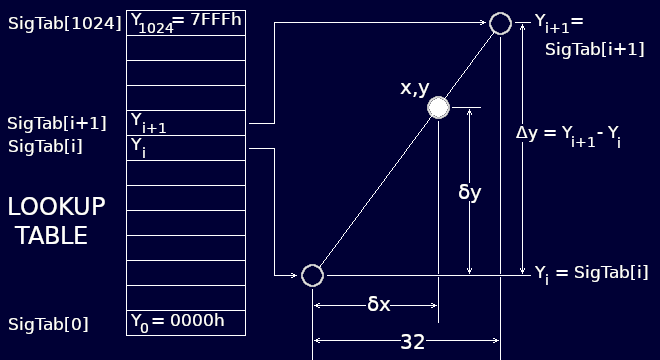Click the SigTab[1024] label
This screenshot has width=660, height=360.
point(65,23)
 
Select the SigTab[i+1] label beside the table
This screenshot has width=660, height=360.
point(57,123)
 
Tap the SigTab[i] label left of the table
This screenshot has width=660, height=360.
point(45,147)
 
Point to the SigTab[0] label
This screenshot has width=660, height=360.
point(48,324)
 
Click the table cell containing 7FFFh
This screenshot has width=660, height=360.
point(186,22)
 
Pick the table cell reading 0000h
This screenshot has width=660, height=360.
point(186,323)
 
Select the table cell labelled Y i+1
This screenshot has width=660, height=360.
point(186,123)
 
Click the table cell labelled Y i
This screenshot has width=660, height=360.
point(186,148)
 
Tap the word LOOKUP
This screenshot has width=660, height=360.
point(56,207)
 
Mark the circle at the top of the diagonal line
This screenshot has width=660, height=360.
point(500,23)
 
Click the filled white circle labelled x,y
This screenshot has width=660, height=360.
point(438,107)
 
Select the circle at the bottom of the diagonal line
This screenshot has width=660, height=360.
point(312,275)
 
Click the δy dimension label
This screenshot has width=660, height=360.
point(469,192)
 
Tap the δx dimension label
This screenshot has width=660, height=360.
point(378,304)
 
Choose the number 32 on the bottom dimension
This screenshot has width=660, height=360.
point(412,342)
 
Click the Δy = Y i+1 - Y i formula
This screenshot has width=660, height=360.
point(569,134)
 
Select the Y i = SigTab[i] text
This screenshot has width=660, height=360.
point(591,272)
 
